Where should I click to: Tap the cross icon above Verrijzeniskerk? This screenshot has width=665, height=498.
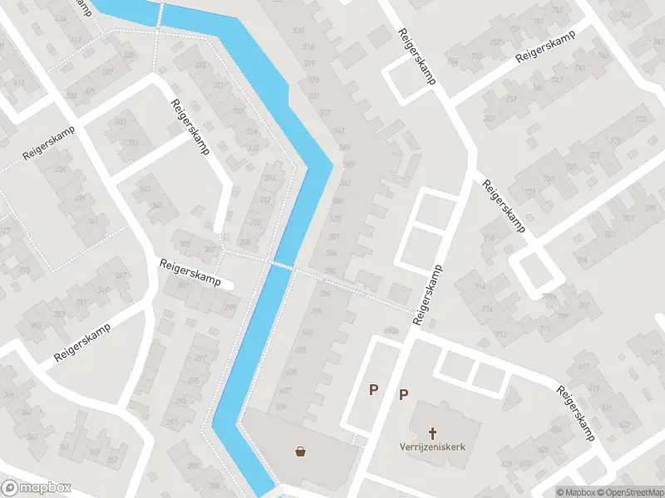tap(432, 432)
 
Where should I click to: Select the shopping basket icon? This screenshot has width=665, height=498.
tap(300, 452)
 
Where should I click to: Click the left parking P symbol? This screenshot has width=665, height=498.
tap(374, 388)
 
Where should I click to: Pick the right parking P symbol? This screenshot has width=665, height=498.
tap(403, 395)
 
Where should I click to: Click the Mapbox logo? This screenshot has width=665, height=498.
tap(37, 488)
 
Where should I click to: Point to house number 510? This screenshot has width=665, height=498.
tap(298, 32)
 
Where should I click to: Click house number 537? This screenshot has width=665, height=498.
tap(325, 112)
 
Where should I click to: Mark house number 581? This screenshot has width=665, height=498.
tap(333, 237)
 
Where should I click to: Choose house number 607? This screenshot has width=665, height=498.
tap(285, 390)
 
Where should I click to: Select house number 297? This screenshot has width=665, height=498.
tap(200, 359)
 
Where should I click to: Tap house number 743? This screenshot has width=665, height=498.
tap(579, 67)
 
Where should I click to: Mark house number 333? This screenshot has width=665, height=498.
tap(58, 314)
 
